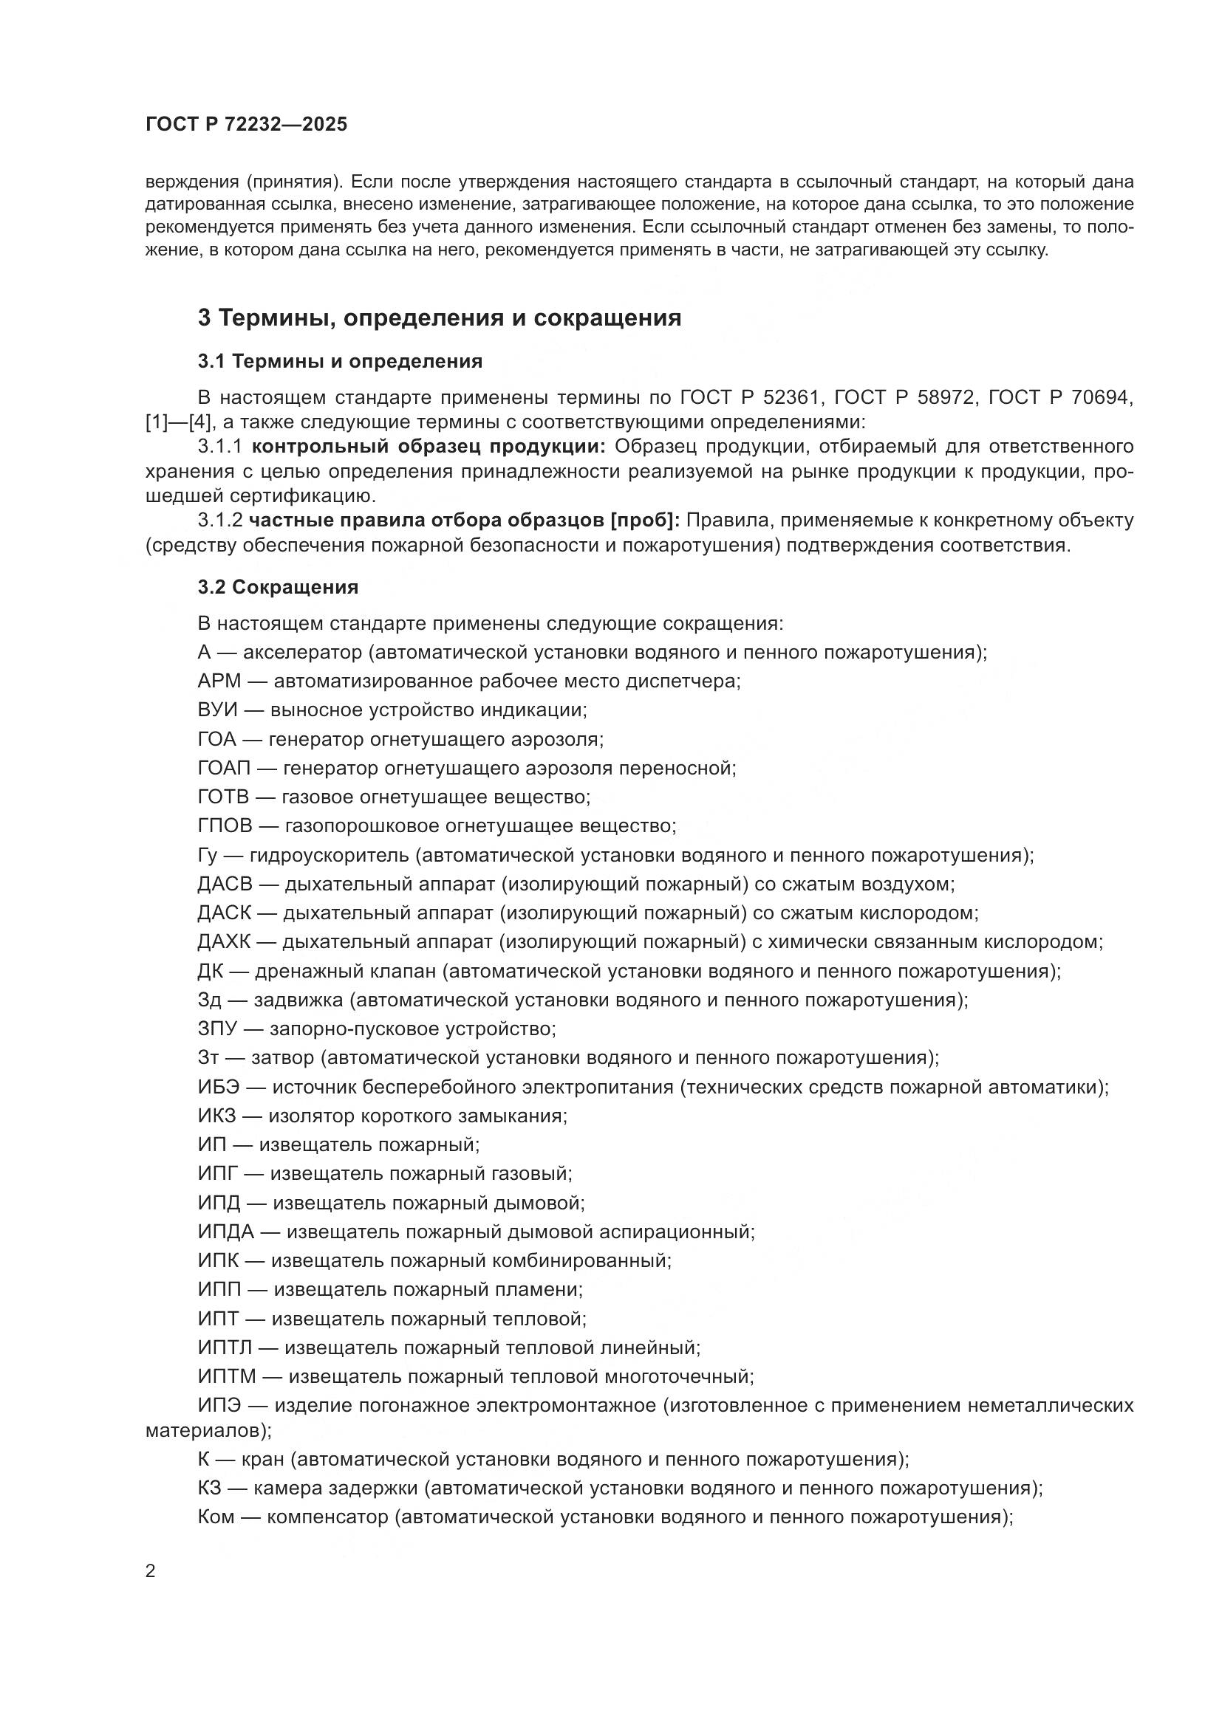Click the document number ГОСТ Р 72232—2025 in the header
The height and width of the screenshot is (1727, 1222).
(246, 125)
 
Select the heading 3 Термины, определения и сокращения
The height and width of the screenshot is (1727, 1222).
(440, 318)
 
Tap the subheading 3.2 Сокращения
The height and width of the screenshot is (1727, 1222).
(278, 588)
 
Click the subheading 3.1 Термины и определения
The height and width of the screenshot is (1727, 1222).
(339, 362)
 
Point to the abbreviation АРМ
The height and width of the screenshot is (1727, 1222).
(219, 681)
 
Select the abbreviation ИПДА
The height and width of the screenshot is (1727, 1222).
(227, 1232)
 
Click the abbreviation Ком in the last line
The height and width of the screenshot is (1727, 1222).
(216, 1517)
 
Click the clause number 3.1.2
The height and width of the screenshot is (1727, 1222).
(219, 521)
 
